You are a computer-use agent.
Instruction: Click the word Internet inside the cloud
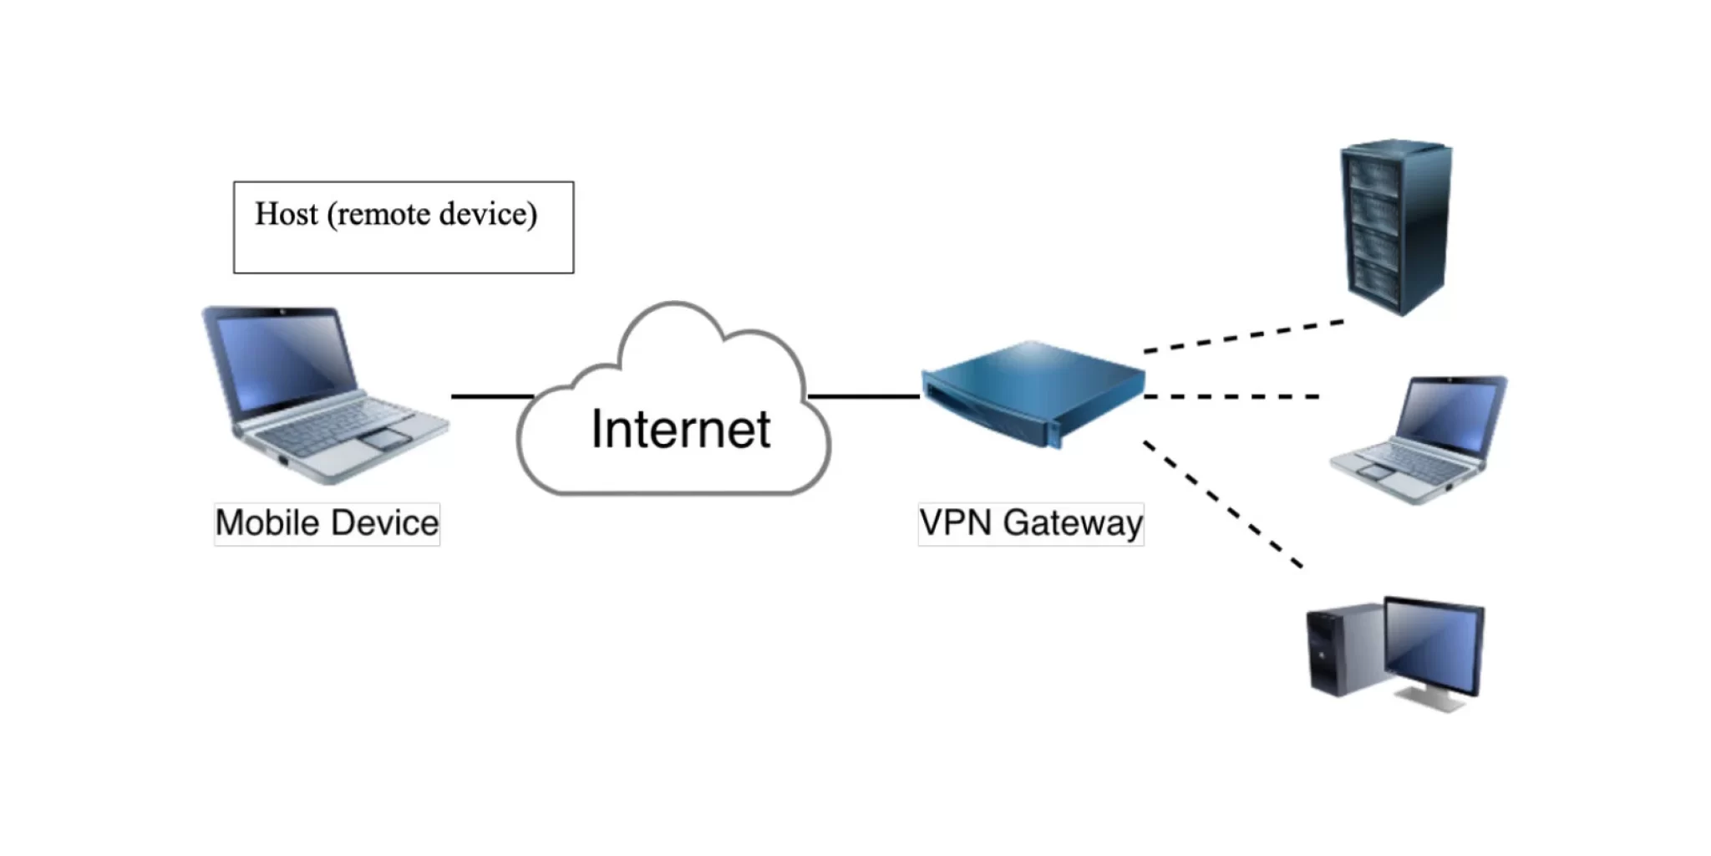click(x=680, y=429)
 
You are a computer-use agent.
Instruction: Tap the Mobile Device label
click(x=327, y=523)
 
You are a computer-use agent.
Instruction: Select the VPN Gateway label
click(x=1030, y=523)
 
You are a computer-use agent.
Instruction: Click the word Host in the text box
click(x=286, y=214)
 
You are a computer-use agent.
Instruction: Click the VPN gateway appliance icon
click(x=1033, y=391)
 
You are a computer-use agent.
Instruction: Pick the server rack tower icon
click(x=1395, y=226)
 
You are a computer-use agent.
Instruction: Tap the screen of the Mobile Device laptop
click(x=284, y=355)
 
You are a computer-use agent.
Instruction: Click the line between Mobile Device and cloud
click(x=491, y=396)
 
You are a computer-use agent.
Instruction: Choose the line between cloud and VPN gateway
click(x=863, y=396)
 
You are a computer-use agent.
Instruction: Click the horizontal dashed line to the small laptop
click(x=1231, y=396)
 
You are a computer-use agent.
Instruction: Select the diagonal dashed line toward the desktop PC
click(x=1221, y=503)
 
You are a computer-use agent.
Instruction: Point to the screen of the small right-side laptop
click(x=1450, y=416)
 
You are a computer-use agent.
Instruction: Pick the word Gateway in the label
click(x=1073, y=523)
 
